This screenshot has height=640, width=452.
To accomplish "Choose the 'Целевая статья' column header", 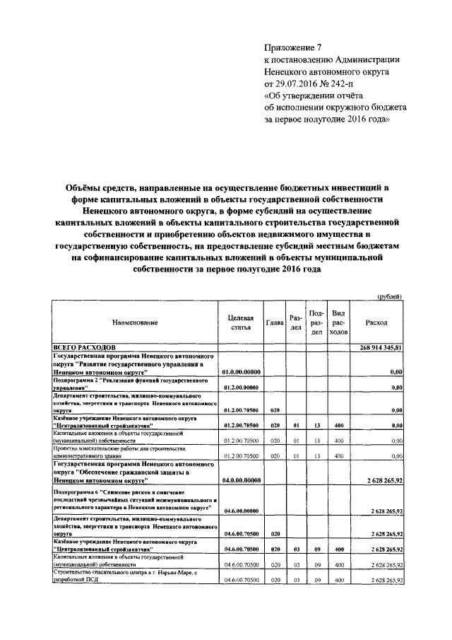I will click(241, 322).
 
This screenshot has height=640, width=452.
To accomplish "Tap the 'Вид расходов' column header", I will click(338, 322).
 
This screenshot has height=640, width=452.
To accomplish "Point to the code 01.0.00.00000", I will click(241, 371).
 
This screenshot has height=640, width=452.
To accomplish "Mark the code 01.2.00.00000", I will click(241, 388).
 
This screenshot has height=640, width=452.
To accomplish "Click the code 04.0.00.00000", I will click(241, 480).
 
